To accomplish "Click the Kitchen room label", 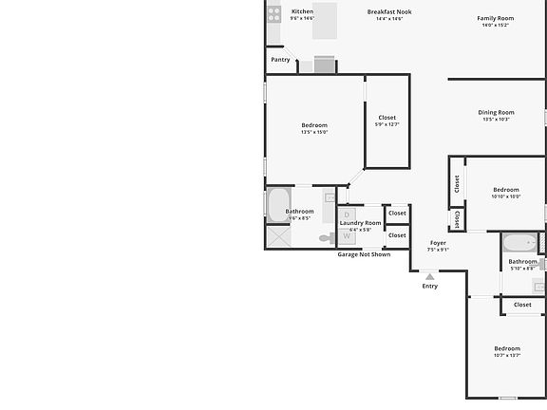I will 302,11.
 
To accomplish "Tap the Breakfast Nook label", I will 389,11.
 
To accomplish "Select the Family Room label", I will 495,18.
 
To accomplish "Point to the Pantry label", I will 280,60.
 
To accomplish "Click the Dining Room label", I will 496,112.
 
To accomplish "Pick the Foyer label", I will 438,243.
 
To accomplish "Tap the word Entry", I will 430,286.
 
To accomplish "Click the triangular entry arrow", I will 430,275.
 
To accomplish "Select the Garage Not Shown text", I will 364,254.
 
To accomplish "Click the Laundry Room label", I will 360,223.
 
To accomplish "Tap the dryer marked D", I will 347,215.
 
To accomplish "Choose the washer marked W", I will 347,236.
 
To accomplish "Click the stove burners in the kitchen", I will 274,14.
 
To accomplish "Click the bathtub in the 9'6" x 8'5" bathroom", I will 277,203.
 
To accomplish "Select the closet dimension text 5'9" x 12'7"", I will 387,124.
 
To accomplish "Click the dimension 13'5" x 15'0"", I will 314,132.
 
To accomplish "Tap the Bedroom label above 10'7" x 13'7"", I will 507,348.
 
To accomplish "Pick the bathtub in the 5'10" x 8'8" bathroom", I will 519,242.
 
